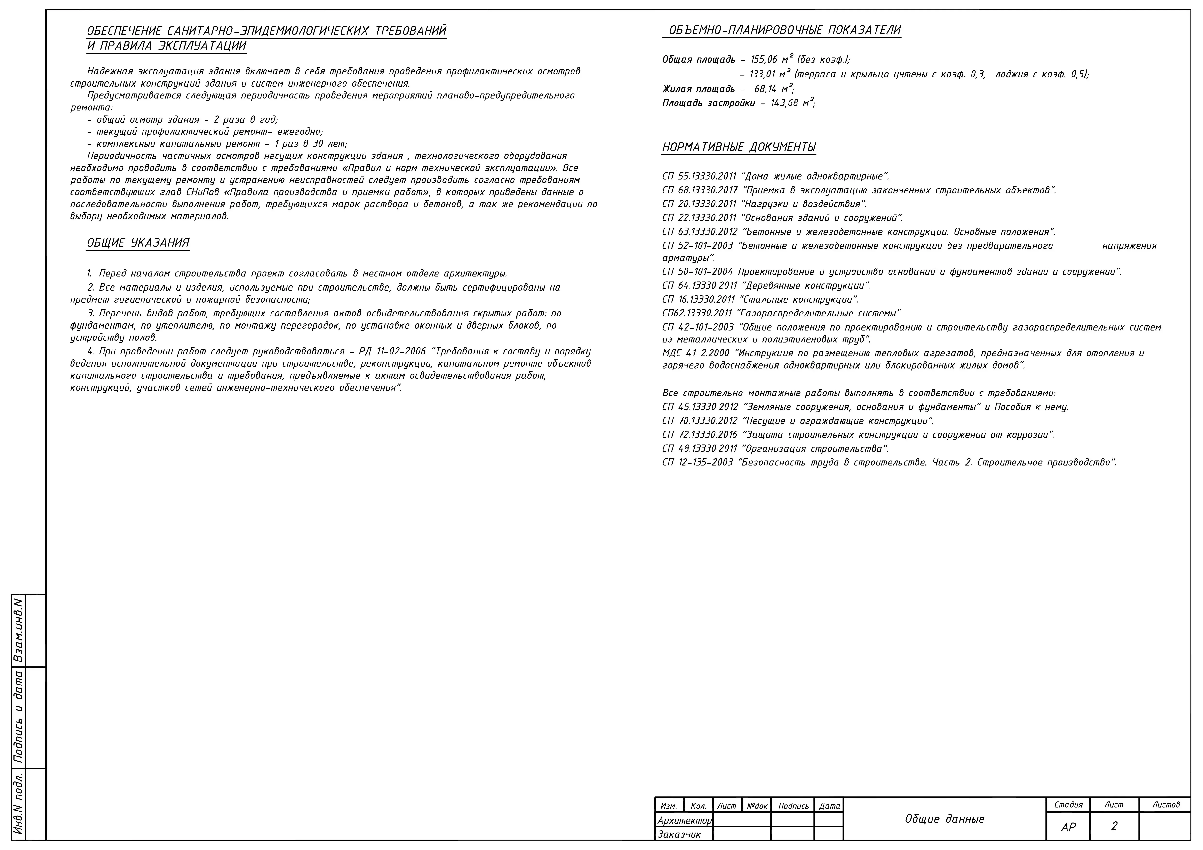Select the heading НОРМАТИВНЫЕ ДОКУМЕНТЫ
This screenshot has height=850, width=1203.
(x=739, y=147)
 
